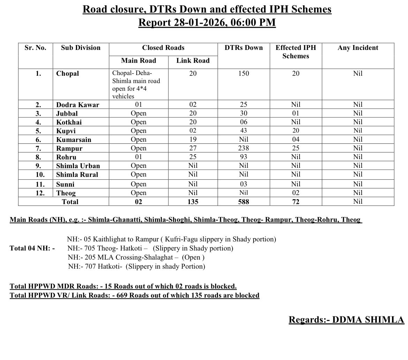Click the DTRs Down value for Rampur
pyautogui.click(x=243, y=148)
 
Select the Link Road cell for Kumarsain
pyautogui.click(x=193, y=140)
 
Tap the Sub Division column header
pyautogui.click(x=81, y=48)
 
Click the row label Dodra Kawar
pyautogui.click(x=77, y=105)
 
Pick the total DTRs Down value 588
pyautogui.click(x=243, y=202)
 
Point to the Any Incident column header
pyautogui.click(x=358, y=48)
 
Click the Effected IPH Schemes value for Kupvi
pyautogui.click(x=296, y=131)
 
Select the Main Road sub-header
pyautogui.click(x=138, y=61)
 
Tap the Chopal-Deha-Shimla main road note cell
pyautogui.click(x=136, y=85)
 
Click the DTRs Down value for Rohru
pyautogui.click(x=243, y=157)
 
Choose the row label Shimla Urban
pyautogui.click(x=78, y=166)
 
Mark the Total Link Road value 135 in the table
pyautogui.click(x=193, y=202)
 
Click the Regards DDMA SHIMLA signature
pyautogui.click(x=346, y=320)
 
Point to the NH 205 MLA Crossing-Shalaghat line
pyautogui.click(x=136, y=257)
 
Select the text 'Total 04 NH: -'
pyautogui.click(x=32, y=248)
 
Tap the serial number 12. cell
pyautogui.click(x=40, y=193)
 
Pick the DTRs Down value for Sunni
pyautogui.click(x=243, y=184)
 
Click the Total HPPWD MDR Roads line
pyautogui.click(x=123, y=286)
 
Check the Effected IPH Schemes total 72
pyautogui.click(x=296, y=202)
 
